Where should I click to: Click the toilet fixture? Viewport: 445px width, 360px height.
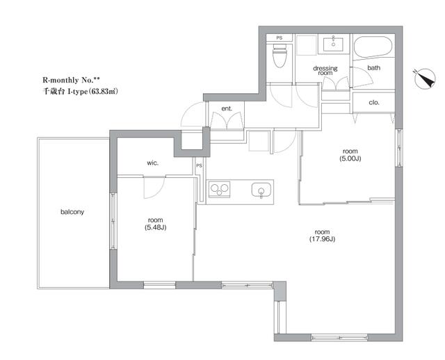coord(280,56)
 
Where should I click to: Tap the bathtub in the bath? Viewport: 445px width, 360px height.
coord(373,47)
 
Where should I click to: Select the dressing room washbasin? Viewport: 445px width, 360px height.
coord(333,44)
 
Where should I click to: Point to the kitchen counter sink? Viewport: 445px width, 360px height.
coord(261,190)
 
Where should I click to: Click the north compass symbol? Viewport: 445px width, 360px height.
coord(425,78)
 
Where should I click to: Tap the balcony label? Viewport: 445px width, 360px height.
coord(72,212)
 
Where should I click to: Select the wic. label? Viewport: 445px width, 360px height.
coord(153,163)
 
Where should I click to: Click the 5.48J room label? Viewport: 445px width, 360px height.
coord(155,224)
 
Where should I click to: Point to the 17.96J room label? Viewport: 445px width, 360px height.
coord(322,236)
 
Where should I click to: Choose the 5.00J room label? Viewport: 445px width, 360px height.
coord(350,155)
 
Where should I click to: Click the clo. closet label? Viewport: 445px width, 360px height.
coord(374,102)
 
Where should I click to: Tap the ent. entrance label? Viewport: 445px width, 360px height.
coord(227,108)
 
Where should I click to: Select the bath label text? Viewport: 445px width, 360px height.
coord(374,68)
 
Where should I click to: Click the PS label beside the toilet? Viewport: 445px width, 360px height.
coord(280,38)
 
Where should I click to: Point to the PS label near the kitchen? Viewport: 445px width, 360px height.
coord(200,165)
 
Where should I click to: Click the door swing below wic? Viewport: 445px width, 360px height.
coord(154,187)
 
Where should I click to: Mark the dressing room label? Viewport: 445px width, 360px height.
coord(325,70)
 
